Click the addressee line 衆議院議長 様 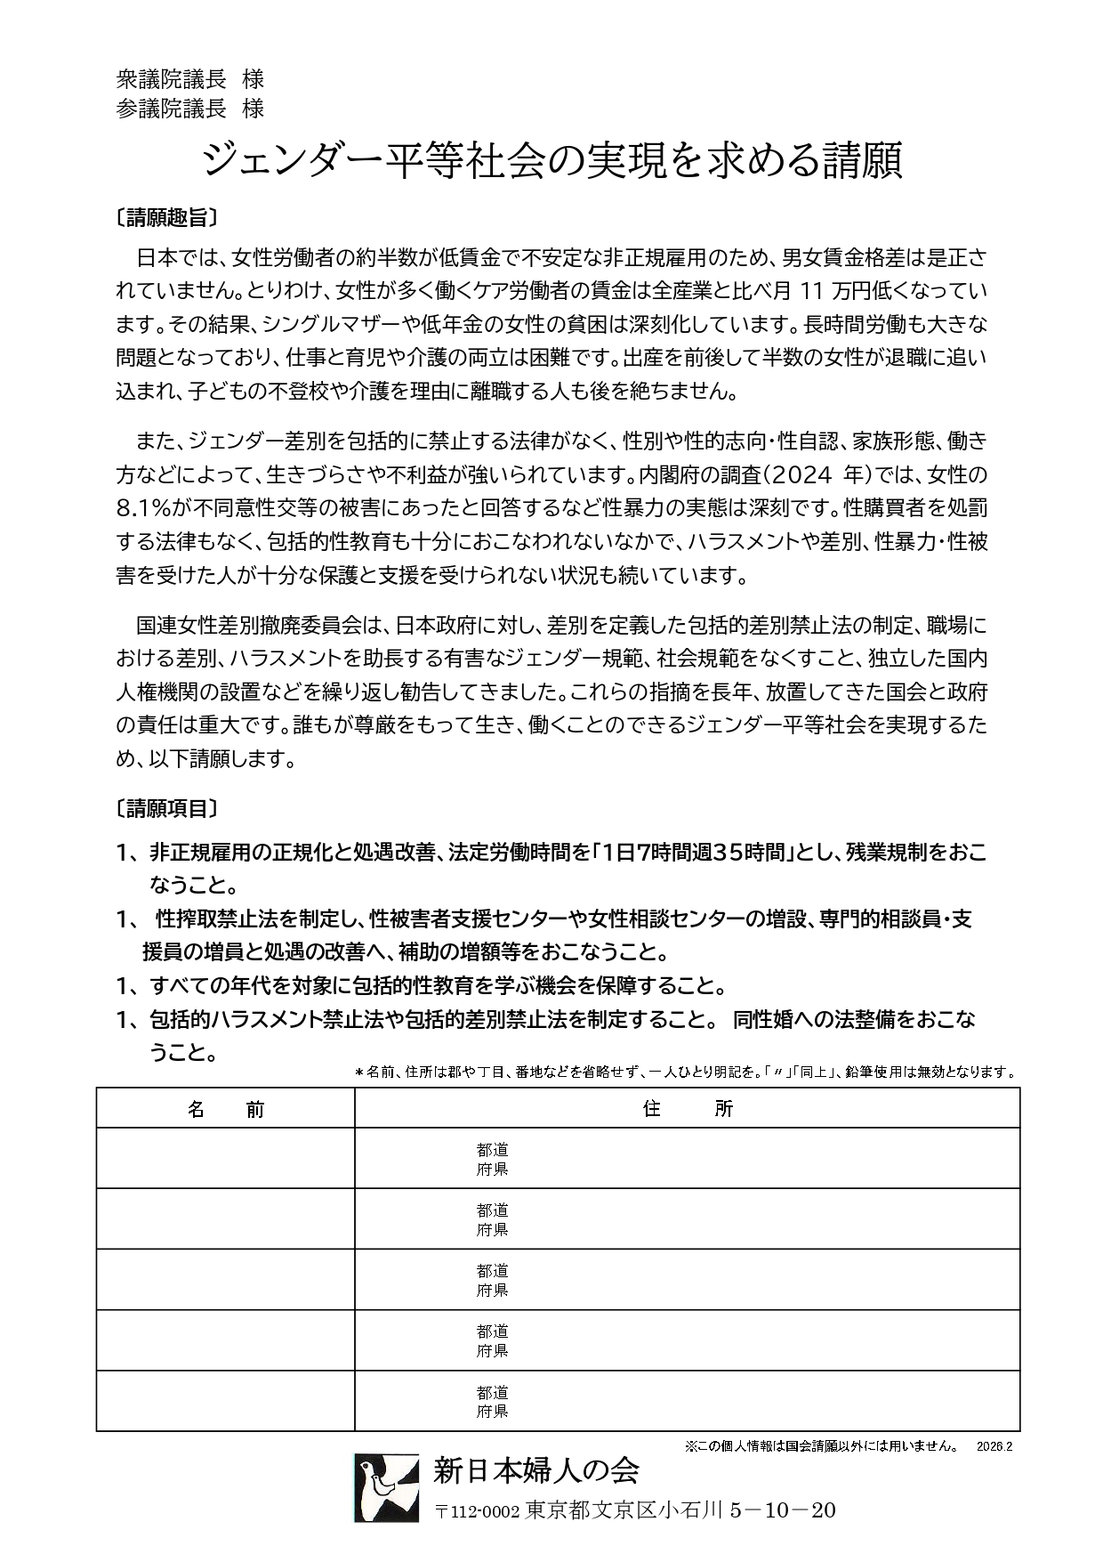point(189,79)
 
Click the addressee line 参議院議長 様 point(189,109)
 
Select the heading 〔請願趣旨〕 point(166,217)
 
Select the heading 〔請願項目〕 point(166,808)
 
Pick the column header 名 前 point(226,1109)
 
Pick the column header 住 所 point(687,1109)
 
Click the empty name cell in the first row point(226,1159)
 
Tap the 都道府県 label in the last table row point(492,1402)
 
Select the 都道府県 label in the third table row point(492,1280)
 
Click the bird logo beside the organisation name point(386,1487)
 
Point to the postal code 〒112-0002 point(477,1511)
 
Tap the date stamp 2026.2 point(994,1446)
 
